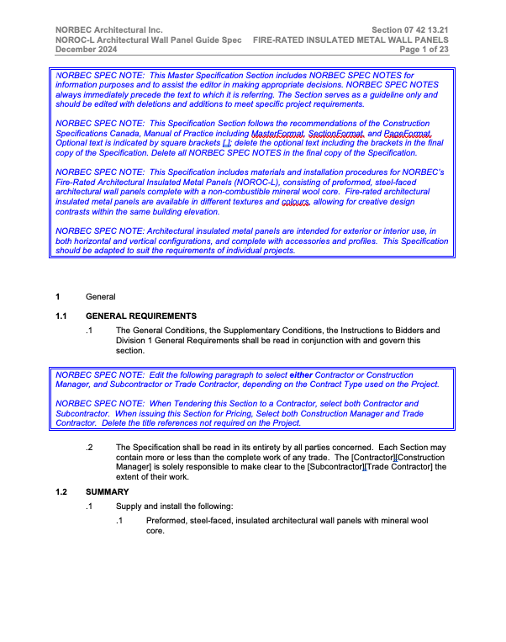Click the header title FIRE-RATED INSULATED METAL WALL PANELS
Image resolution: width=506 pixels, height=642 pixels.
(351, 40)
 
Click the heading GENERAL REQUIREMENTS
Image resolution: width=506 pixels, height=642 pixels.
(141, 316)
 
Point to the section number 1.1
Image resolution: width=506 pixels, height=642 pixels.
(61, 316)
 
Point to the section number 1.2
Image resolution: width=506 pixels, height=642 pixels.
(61, 491)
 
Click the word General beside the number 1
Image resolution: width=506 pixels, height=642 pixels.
(100, 296)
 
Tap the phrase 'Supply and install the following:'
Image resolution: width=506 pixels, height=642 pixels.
(174, 506)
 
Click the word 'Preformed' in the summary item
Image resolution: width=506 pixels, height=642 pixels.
(167, 521)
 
